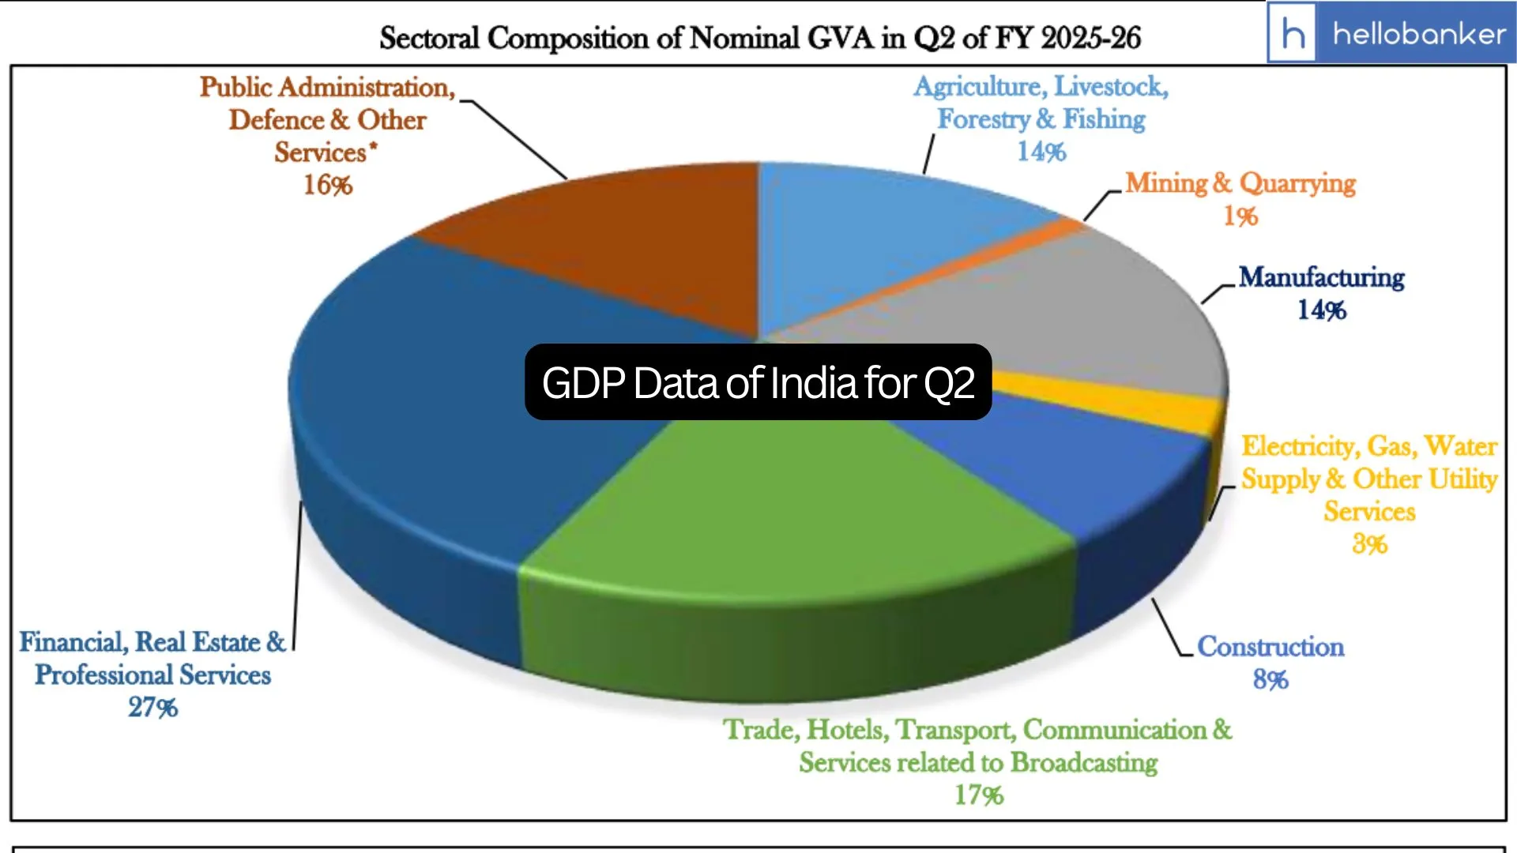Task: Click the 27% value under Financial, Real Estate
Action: (x=152, y=707)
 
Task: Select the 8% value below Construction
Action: (x=1270, y=679)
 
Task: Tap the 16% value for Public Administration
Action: (x=328, y=185)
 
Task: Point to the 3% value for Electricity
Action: (x=1369, y=544)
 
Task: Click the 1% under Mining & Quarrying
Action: (x=1240, y=216)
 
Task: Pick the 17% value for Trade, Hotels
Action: (x=979, y=795)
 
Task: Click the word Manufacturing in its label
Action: (x=1321, y=277)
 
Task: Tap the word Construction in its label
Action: (x=1270, y=646)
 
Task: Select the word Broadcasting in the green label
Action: (x=1084, y=762)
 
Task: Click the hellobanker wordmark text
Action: (x=1419, y=33)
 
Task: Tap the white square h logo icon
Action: (x=1293, y=33)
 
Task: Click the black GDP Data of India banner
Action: (x=758, y=382)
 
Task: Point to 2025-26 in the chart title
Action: (x=1091, y=38)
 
